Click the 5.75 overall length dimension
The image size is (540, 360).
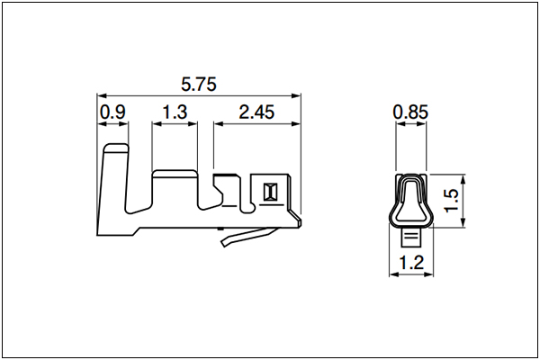coord(199,85)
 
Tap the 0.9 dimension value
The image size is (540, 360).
coord(112,112)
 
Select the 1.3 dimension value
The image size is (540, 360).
coord(175,112)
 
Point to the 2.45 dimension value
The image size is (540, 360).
coord(256,112)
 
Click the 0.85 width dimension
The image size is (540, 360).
coord(410,112)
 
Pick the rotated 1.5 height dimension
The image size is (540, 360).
coord(451,200)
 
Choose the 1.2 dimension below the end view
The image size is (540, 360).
coord(411,263)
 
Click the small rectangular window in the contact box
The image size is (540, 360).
coord(270,192)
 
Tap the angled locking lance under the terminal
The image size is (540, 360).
coord(249,237)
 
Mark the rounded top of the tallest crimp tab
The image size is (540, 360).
coord(116,148)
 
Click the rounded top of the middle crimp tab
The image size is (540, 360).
coord(175,174)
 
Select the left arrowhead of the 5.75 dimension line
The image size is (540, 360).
coord(102,95)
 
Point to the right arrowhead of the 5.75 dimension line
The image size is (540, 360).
coord(296,95)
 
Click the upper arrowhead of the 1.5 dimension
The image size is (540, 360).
coord(463,179)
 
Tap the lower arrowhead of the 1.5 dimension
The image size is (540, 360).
coord(463,222)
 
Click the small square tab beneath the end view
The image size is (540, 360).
coord(411,238)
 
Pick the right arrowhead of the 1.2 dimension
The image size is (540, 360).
coord(428,274)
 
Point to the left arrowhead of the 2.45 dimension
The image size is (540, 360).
coord(219,123)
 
